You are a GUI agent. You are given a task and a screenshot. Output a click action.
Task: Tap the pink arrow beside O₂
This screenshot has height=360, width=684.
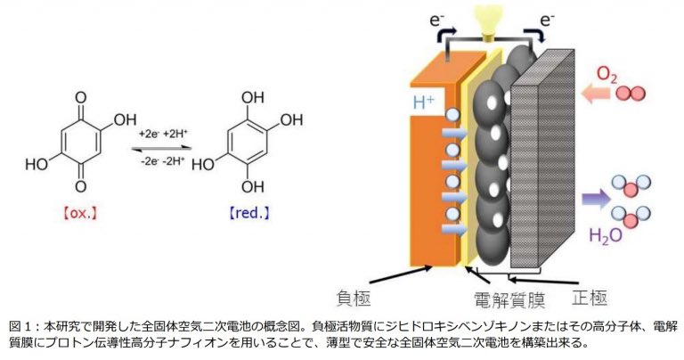(x=592, y=91)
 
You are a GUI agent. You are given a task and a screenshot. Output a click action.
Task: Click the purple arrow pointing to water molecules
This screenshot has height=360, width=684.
(x=591, y=198)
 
